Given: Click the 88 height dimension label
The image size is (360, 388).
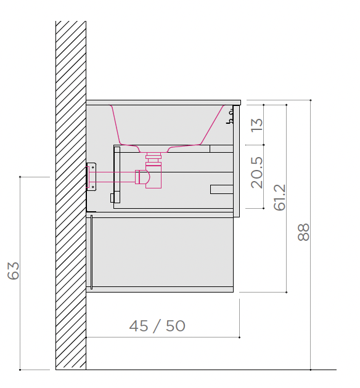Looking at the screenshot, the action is [303, 232].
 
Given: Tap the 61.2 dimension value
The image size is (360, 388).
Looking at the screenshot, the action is [280, 197].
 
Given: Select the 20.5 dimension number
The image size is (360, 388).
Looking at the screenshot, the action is [257, 172].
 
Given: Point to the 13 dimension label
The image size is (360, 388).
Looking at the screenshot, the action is [257, 125].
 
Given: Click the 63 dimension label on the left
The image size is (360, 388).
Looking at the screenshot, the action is [13, 271].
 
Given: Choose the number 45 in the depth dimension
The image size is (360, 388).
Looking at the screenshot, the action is [139, 326].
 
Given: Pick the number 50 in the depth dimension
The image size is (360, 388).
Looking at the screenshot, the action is [176, 326].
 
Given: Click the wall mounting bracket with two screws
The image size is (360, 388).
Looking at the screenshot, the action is [91, 177].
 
